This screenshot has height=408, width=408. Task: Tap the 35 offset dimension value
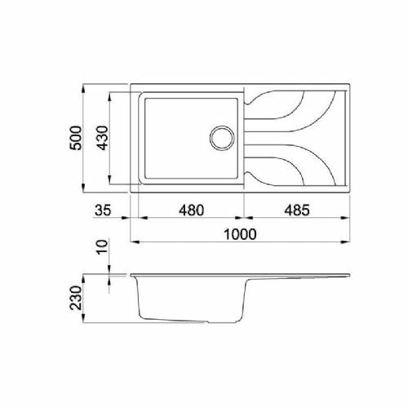pyautogui.click(x=102, y=210)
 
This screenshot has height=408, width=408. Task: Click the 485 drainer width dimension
pyautogui.click(x=296, y=210)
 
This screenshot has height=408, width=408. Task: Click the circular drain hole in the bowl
pyautogui.click(x=220, y=136)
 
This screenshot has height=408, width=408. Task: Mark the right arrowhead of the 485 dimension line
pyautogui.click(x=351, y=219)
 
